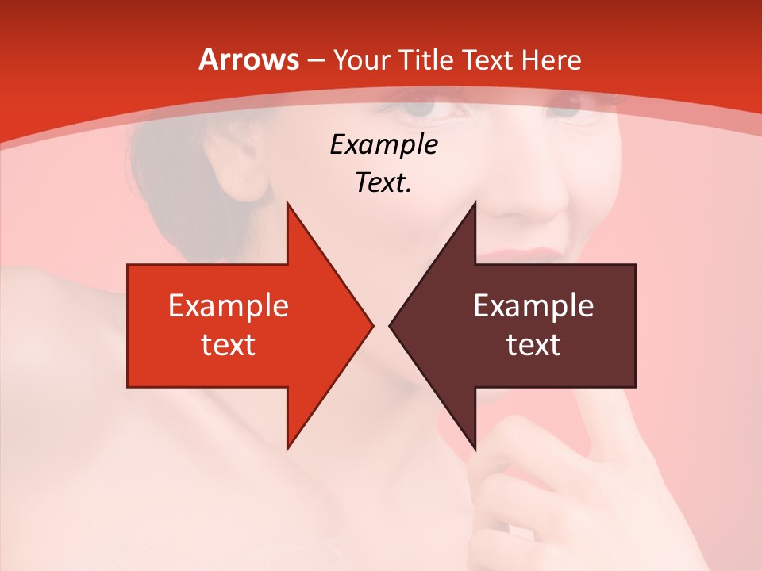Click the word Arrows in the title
pos(248,60)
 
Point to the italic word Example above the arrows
pos(383,145)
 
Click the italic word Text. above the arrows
pos(383,183)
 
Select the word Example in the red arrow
pos(228,306)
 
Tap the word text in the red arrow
pos(228,345)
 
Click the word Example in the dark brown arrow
pos(533,306)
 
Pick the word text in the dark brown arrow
pos(533,345)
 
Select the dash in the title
pos(315,61)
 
